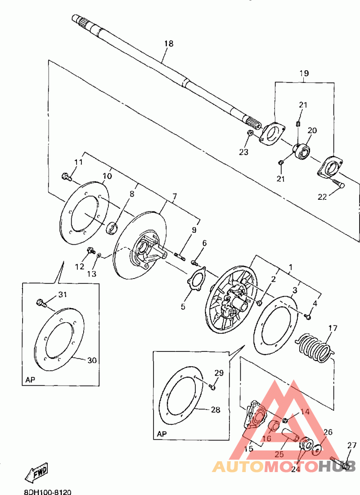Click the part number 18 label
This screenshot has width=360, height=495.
click(169, 43)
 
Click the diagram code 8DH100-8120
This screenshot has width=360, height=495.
click(48, 492)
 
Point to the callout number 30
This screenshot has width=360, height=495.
click(92, 360)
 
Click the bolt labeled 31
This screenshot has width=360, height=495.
click(41, 303)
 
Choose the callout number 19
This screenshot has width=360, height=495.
click(304, 73)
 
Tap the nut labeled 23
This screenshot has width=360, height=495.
click(249, 133)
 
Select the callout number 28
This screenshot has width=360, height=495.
click(216, 410)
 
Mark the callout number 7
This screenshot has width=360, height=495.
click(174, 197)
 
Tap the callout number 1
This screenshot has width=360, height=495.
click(291, 268)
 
